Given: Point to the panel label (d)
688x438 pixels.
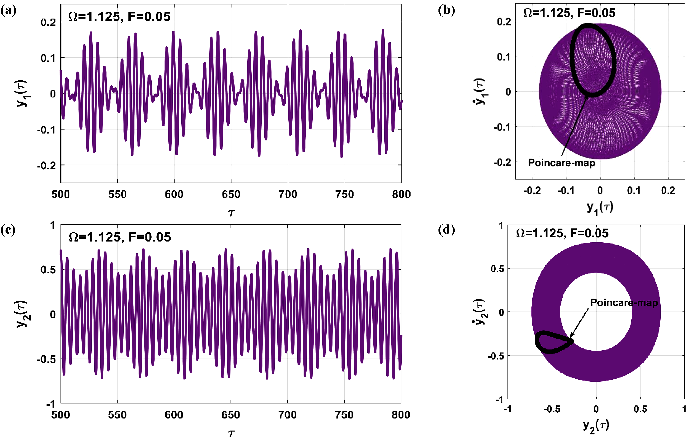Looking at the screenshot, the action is pyautogui.click(x=446, y=230).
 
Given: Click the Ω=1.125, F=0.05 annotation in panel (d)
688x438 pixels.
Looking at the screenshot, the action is pyautogui.click(x=562, y=233).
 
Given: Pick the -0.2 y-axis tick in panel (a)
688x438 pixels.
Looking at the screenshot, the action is pyautogui.click(x=47, y=165).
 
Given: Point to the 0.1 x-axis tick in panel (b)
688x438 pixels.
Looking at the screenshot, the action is pyautogui.click(x=634, y=190).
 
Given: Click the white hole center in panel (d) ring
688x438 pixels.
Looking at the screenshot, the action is pyautogui.click(x=596, y=312).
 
